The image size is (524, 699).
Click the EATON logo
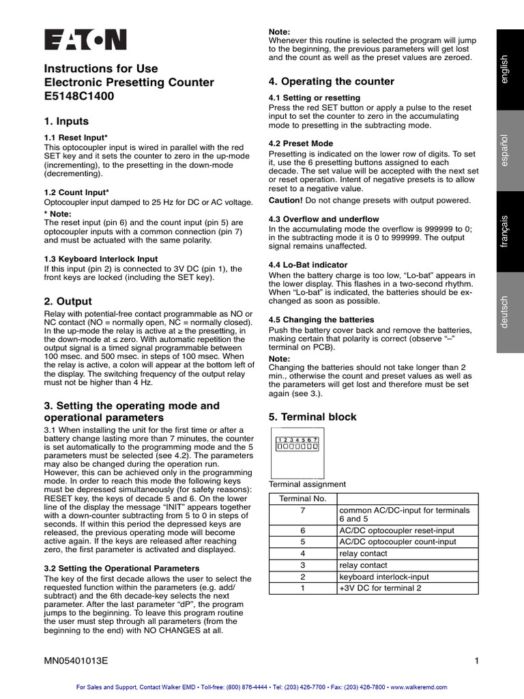coord(85,40)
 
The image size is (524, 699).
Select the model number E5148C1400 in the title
coord(79,96)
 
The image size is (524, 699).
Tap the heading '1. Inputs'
coord(66,122)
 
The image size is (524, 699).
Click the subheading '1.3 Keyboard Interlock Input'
coord(100,259)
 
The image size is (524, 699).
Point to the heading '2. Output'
coord(68,301)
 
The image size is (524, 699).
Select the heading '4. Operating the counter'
coord(332,81)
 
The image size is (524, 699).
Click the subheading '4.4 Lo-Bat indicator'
coord(308,264)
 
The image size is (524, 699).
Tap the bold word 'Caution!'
coord(286,200)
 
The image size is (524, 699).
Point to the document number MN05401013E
coord(76,661)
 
